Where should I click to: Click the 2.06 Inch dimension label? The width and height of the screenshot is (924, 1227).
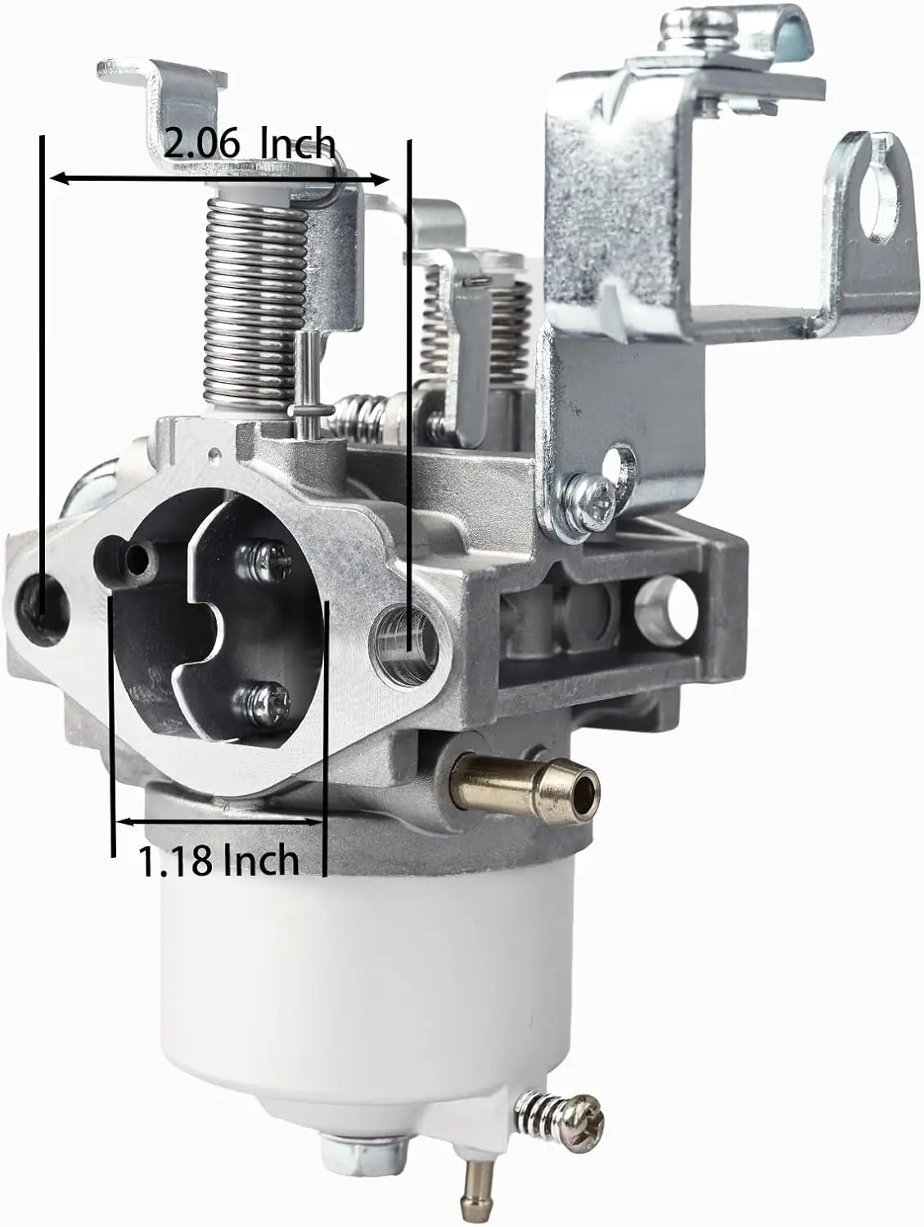click(250, 144)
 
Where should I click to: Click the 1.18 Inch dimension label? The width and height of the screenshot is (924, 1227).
click(219, 861)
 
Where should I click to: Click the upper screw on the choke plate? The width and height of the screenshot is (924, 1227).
click(263, 560)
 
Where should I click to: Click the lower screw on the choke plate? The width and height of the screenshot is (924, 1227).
click(263, 703)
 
